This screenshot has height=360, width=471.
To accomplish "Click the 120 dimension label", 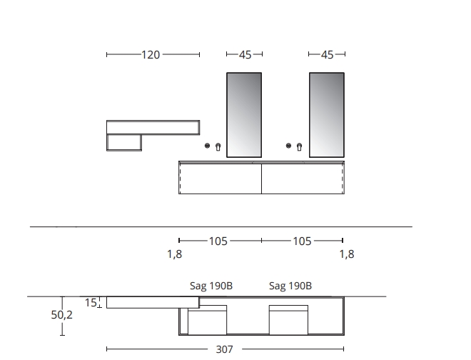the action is pos(151,55).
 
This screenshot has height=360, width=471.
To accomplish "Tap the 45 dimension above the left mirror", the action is pos(245,55).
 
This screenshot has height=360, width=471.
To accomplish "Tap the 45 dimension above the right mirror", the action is pos(327,55).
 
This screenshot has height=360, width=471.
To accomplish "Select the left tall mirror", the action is pos(244,115).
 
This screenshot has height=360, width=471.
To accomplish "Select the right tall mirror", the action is pos(327,115).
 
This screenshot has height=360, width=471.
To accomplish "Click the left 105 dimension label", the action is pos(218,241).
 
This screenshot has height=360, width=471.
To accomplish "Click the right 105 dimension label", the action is pos(302,241).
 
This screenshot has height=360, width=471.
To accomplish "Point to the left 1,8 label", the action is pos(175,254).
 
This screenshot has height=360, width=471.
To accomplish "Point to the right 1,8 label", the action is pos(347,254).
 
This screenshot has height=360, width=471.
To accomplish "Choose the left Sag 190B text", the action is pos(211,286).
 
